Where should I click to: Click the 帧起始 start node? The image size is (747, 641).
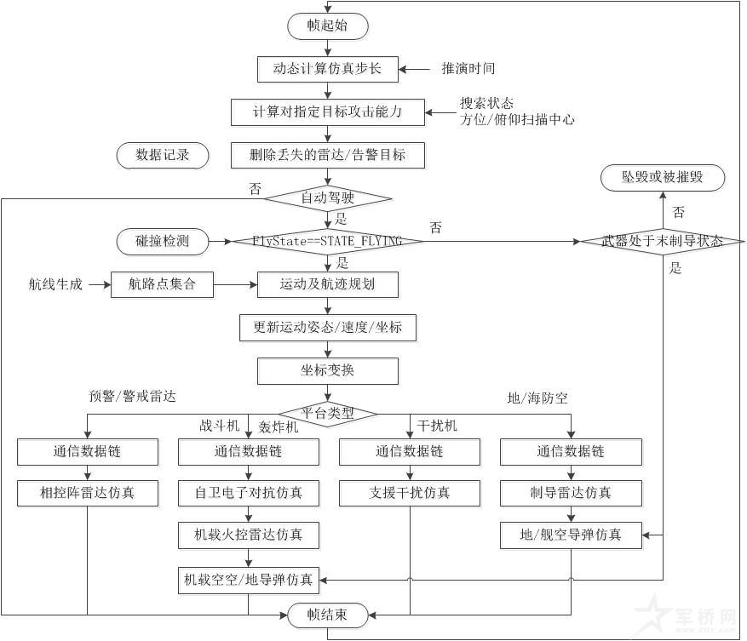click(327, 26)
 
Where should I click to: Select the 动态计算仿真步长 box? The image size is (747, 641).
click(327, 68)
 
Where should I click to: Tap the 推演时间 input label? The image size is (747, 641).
click(468, 68)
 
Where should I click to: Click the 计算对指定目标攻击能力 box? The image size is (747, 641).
click(327, 112)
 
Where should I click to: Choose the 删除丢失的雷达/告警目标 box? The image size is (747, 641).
click(327, 155)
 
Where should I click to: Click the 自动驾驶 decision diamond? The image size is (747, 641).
click(327, 198)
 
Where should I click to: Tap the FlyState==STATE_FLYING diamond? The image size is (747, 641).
click(327, 241)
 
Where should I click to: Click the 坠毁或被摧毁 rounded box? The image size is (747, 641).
click(662, 178)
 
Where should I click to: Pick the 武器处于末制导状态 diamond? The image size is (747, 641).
click(662, 241)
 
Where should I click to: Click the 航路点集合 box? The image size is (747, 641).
click(162, 284)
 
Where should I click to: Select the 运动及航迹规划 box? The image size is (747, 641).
click(327, 284)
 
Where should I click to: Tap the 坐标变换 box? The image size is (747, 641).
click(327, 371)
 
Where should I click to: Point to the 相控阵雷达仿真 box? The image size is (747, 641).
click(87, 492)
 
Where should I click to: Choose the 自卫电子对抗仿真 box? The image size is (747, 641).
click(248, 492)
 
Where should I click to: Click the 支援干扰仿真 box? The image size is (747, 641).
click(410, 492)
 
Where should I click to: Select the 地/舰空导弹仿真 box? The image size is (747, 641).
click(571, 535)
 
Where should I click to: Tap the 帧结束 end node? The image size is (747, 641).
click(327, 614)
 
